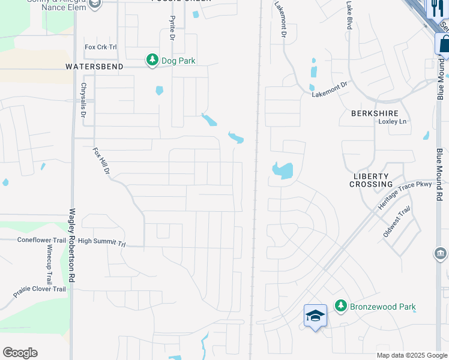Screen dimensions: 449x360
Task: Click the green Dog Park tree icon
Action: [152, 60]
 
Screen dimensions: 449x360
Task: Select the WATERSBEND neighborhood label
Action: [94, 67]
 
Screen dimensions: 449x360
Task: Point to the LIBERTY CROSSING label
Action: [372, 179]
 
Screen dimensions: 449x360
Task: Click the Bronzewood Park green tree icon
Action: [340, 306]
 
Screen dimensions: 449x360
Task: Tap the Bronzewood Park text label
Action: [383, 307]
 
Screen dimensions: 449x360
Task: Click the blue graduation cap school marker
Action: [315, 316]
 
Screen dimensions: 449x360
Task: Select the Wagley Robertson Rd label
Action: [72, 245]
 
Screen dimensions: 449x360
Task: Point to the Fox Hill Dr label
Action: [102, 162]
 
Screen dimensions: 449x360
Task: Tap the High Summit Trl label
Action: [101, 242]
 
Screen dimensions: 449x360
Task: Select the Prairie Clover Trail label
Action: [39, 292]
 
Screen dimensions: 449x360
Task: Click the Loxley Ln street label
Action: [392, 121]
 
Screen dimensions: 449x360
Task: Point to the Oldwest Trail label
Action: [397, 221]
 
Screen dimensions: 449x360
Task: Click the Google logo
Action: [20, 353]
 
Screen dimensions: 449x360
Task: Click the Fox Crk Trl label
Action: [101, 47]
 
